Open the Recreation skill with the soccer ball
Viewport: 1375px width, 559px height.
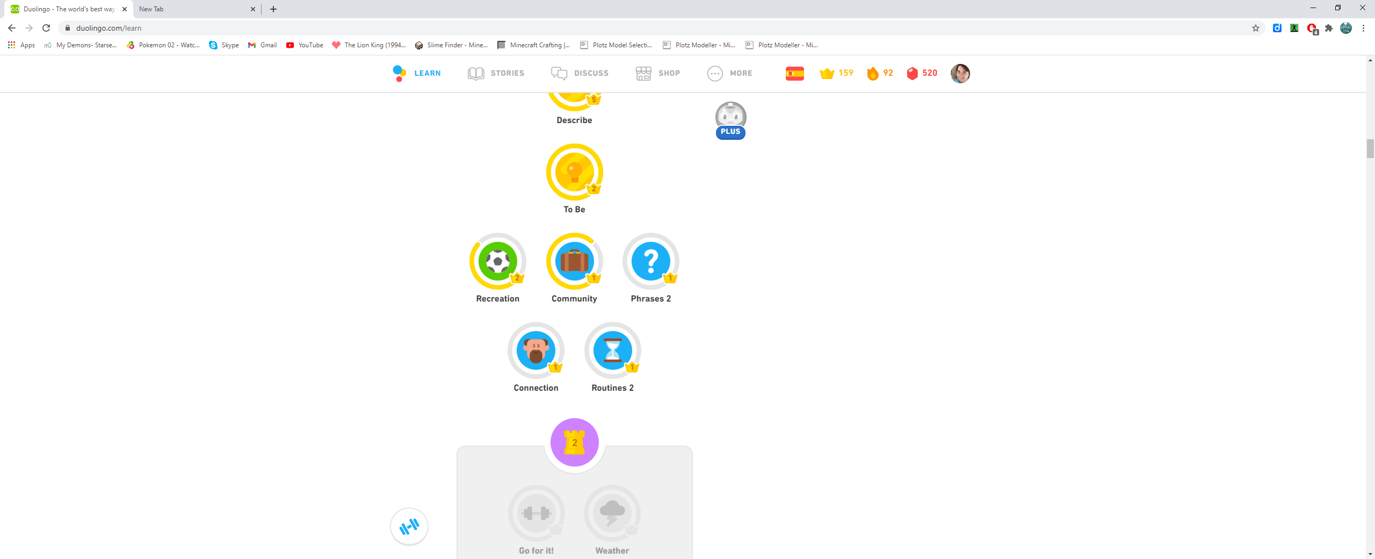click(x=497, y=262)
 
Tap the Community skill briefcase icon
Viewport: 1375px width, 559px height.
click(x=574, y=262)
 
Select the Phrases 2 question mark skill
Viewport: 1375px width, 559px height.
click(x=650, y=262)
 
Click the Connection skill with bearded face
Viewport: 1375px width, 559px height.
click(x=535, y=350)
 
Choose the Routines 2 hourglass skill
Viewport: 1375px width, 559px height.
click(x=612, y=350)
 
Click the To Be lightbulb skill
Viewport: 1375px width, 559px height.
click(x=574, y=172)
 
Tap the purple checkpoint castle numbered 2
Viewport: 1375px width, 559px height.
click(x=574, y=442)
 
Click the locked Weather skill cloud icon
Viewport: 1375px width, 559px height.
click(x=612, y=513)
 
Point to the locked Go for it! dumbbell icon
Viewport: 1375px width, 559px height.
click(x=536, y=513)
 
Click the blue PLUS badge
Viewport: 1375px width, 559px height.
click(x=730, y=132)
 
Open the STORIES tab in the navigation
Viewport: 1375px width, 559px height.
click(x=496, y=73)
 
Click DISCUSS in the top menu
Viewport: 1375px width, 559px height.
click(x=580, y=73)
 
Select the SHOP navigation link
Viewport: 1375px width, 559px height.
click(x=658, y=73)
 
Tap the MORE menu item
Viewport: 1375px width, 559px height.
click(x=730, y=73)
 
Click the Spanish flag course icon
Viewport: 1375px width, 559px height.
click(x=794, y=73)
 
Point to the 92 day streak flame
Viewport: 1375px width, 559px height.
click(x=873, y=73)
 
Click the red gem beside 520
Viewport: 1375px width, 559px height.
click(x=912, y=73)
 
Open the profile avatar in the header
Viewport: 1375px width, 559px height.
click(x=960, y=73)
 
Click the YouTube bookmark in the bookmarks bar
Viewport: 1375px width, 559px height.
click(x=305, y=45)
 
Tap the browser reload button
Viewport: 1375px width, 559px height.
click(x=46, y=28)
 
